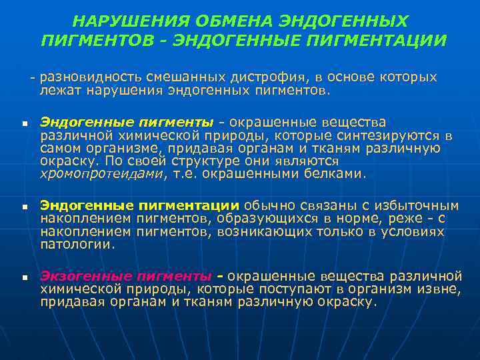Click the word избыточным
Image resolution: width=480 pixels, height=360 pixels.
[x=421, y=205]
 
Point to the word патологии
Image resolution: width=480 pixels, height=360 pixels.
[x=77, y=244]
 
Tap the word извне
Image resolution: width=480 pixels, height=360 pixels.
[x=442, y=289]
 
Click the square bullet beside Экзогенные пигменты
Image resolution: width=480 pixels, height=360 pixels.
[x=23, y=277]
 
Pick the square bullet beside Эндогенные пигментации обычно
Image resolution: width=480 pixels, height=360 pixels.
[x=23, y=207]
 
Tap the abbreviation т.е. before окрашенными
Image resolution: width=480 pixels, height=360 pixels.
[x=188, y=174]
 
